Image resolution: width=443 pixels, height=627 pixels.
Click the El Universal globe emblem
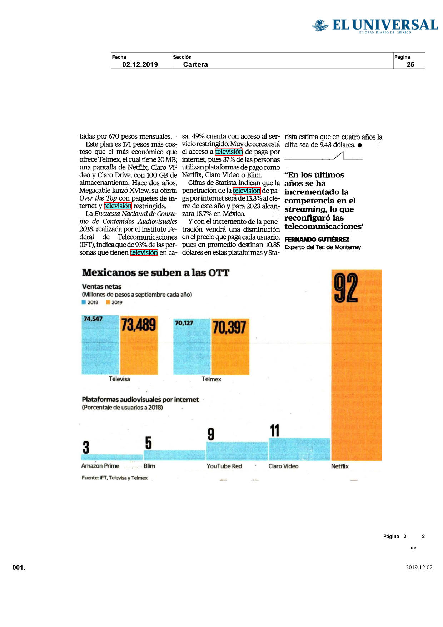pos(320,25)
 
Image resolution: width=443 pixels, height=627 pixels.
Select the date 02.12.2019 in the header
pos(140,65)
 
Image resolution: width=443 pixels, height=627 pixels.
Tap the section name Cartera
pos(195,65)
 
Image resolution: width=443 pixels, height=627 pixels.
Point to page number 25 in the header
pos(410,65)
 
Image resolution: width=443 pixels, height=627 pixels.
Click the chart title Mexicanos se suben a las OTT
pos(156,273)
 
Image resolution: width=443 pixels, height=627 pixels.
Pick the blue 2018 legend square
pos(84,302)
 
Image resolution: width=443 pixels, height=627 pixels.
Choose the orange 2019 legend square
pos(108,302)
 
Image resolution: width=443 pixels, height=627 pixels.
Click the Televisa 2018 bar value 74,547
pos(93,319)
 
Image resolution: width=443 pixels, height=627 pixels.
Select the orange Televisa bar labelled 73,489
pos(139,345)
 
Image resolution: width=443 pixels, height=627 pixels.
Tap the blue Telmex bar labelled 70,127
pos(192,346)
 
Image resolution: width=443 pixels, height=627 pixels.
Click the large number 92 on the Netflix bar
pos(345,288)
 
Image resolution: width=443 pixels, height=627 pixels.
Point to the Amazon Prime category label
pos(100,466)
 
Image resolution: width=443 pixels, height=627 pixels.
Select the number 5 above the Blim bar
pos(148,443)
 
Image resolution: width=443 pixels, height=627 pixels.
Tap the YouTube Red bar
pos(237,451)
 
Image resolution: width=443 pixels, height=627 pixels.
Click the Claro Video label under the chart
pos(283,466)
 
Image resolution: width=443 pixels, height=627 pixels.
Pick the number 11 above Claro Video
pos(275,431)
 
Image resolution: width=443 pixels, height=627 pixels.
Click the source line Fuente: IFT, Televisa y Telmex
pos(114,478)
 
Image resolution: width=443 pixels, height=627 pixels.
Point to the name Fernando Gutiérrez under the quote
pos(317,239)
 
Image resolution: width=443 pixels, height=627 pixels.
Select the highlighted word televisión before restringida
pos(118,206)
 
